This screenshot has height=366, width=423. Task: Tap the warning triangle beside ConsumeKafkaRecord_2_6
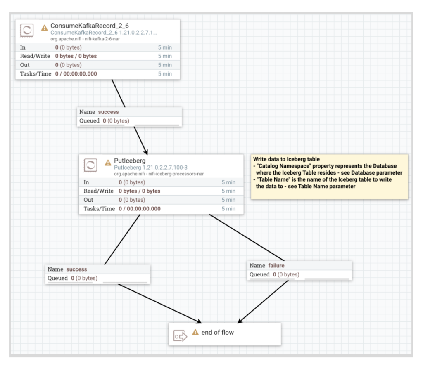click(x=44, y=28)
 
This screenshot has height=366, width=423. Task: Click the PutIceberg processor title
click(x=130, y=161)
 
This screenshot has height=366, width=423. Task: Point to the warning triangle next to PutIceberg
click(x=108, y=163)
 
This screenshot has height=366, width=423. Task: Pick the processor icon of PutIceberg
click(x=91, y=165)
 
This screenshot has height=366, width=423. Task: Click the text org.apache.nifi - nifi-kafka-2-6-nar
click(x=86, y=38)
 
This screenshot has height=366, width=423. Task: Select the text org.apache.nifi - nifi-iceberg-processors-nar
click(x=159, y=173)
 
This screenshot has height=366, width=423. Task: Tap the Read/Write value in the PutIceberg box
click(x=139, y=191)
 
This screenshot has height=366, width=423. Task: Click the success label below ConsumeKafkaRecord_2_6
click(x=108, y=112)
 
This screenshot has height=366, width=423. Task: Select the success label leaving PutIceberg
click(x=77, y=269)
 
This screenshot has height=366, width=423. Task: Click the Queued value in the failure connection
click(x=286, y=274)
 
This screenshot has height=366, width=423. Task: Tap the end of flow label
click(x=217, y=332)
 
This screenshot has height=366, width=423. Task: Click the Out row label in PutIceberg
click(x=88, y=200)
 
